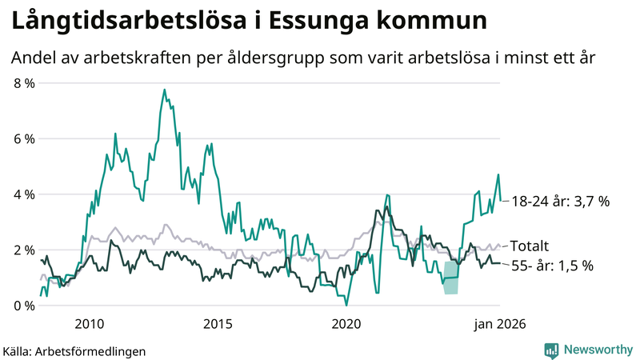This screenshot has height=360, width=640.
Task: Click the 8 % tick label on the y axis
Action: click(24, 83)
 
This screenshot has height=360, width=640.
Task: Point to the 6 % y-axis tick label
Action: click(24, 138)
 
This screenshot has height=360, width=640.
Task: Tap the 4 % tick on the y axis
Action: click(24, 194)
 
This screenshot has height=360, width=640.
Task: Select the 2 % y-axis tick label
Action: click(24, 250)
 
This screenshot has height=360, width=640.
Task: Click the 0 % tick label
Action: click(24, 306)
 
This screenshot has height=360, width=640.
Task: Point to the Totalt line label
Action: click(531, 246)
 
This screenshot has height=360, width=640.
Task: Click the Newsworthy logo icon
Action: click(551, 350)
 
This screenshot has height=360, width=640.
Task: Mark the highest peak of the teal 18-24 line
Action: click(165, 90)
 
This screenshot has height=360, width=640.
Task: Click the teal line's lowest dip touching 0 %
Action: click(346, 305)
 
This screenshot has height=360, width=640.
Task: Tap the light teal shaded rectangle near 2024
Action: click(451, 278)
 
